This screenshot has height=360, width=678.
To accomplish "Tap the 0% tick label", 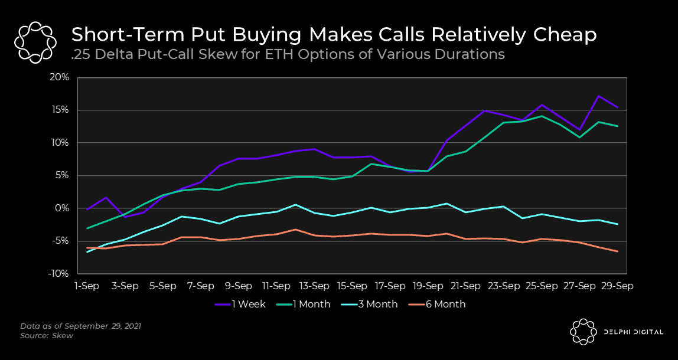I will (64, 208).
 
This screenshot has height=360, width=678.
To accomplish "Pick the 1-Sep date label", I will (87, 286).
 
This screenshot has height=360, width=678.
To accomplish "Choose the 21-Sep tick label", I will (466, 286).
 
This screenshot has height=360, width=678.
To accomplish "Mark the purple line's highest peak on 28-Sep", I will (599, 96).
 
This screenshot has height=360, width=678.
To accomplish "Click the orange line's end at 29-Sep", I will (618, 251).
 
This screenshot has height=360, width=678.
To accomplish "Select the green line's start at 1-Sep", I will (87, 228).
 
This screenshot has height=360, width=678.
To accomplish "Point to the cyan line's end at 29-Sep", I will (618, 224).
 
